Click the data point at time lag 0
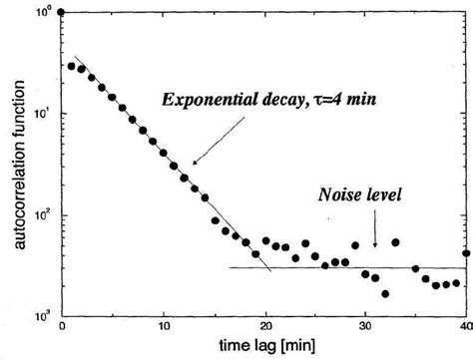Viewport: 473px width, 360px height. tap(62, 13)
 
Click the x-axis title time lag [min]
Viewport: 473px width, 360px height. tap(264, 346)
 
